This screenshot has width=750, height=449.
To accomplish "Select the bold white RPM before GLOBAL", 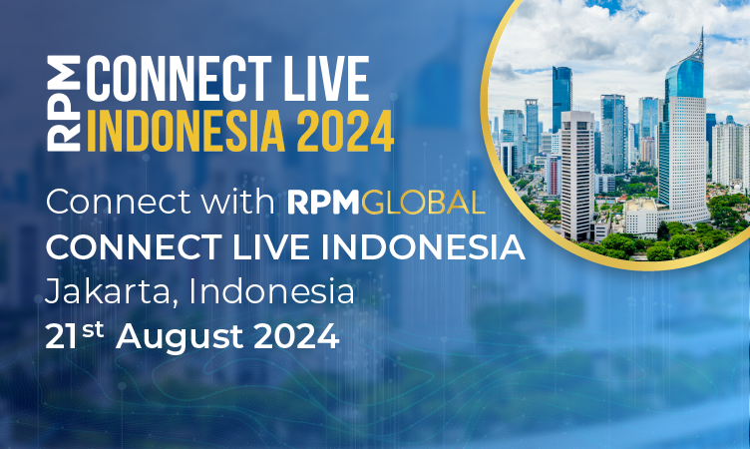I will coord(322,204).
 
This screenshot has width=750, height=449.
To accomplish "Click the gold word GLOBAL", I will coord(424,204).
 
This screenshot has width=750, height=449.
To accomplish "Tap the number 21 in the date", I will coord(63,337).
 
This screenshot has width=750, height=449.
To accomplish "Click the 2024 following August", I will coord(294,337).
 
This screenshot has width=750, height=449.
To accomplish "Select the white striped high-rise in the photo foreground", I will coord(576,175).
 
